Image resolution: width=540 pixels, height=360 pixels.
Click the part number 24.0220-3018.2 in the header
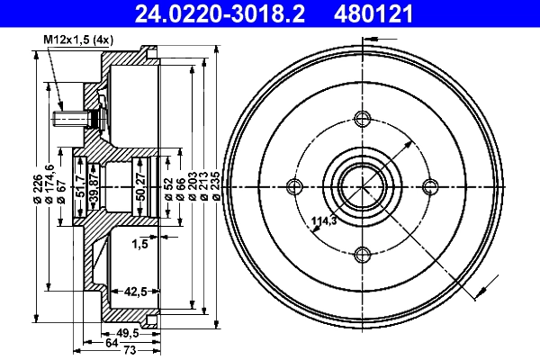(x=206, y=13)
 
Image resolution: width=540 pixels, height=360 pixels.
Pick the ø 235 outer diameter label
(x=216, y=186)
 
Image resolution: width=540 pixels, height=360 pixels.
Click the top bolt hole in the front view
(x=363, y=119)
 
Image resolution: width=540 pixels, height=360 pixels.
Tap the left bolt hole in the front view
(x=294, y=186)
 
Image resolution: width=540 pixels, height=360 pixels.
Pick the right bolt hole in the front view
(x=431, y=186)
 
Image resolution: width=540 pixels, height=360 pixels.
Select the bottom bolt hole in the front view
(x=363, y=255)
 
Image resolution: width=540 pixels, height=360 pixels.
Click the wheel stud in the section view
(x=72, y=118)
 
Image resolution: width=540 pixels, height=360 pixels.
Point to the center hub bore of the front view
(x=363, y=186)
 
